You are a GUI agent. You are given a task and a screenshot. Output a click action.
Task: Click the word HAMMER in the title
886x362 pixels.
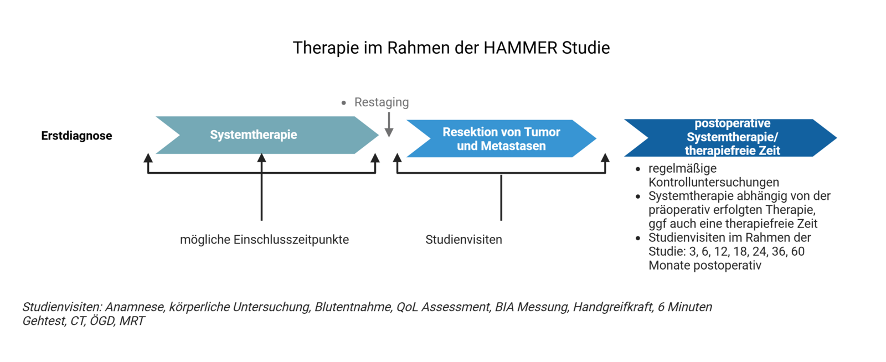click(x=521, y=48)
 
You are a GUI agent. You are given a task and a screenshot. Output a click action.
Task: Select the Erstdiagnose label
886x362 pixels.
click(x=76, y=136)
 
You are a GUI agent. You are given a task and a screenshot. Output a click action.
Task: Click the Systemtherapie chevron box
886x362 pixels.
click(x=254, y=135)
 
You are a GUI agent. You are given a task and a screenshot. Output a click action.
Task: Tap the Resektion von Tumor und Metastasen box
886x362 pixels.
click(x=501, y=139)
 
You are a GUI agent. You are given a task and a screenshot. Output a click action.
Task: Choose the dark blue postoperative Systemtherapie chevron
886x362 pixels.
click(x=732, y=137)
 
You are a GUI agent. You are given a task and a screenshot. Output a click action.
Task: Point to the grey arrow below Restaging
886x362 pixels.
click(x=389, y=125)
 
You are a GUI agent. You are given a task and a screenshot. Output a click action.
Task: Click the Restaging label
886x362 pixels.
click(x=382, y=102)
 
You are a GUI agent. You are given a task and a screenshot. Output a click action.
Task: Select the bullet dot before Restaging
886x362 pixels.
click(x=344, y=103)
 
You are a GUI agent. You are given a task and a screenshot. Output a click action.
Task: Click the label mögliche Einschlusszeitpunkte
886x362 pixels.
click(x=264, y=240)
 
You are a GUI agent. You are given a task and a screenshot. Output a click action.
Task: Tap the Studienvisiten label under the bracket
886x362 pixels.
click(x=463, y=240)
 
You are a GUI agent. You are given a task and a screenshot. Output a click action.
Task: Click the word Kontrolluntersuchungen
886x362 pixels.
click(x=713, y=182)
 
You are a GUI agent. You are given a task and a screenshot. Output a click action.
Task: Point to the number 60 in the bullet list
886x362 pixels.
click(x=797, y=251)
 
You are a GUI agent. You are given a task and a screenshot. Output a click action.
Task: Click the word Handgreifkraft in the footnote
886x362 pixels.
click(x=612, y=307)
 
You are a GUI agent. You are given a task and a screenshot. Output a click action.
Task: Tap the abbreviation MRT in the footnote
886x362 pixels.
click(x=132, y=321)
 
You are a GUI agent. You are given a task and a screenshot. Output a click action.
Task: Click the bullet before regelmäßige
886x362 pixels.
click(x=638, y=169)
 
